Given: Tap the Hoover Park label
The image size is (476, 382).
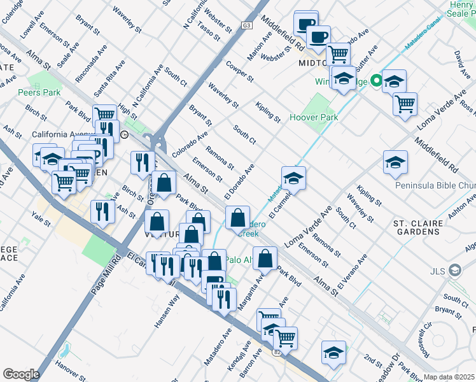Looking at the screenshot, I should point(313,117).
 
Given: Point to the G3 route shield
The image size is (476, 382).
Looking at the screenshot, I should point(246,25).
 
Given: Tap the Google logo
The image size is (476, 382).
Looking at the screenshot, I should point(21,374).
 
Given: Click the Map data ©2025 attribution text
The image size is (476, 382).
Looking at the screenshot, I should point(449,377).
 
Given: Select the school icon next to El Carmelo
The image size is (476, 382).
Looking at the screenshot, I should point(293,178).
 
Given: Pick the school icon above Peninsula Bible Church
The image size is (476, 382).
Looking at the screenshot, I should point(395,162).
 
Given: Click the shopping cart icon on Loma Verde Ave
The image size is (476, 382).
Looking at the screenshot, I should point(405,104).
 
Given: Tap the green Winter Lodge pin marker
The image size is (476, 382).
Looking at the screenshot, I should point(376,81).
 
